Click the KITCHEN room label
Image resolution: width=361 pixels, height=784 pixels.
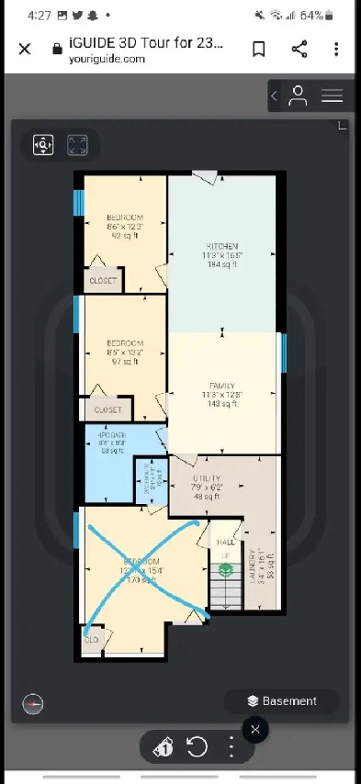tap(222, 247)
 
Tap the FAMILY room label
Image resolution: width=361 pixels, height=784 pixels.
tap(222, 386)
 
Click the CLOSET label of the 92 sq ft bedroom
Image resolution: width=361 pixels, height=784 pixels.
tap(103, 281)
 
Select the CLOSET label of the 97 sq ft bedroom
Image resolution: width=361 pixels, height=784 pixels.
tap(107, 410)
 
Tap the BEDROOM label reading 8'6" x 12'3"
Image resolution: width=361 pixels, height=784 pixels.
tap(124, 217)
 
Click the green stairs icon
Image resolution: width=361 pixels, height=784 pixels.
tap(224, 570)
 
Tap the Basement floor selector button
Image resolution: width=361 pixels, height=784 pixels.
tap(281, 701)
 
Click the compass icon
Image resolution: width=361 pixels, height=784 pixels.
tap(33, 703)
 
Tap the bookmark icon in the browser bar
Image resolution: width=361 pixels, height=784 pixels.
tap(259, 49)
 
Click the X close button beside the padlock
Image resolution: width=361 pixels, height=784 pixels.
tap(25, 49)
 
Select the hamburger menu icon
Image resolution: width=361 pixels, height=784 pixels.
tap(332, 95)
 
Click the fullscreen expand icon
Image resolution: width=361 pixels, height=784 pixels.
tap(77, 145)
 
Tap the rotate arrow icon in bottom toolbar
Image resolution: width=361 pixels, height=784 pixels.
tap(197, 747)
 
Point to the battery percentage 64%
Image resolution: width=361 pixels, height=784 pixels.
tap(335, 16)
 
